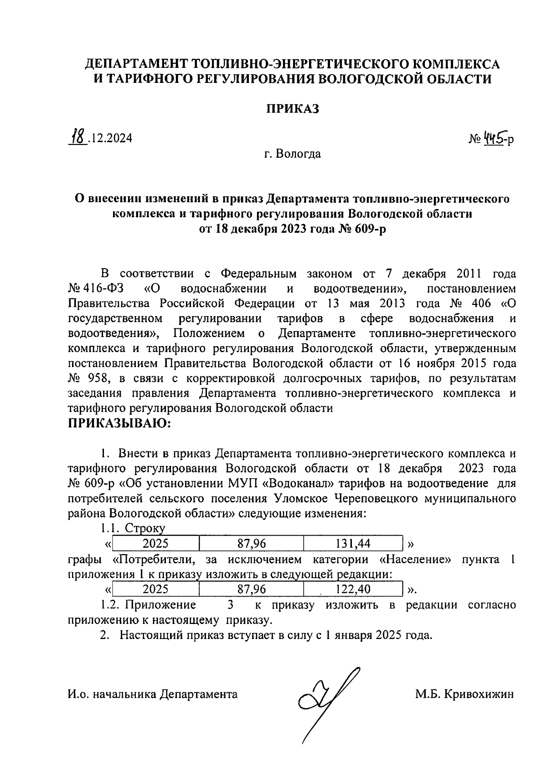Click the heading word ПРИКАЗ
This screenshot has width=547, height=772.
point(292,109)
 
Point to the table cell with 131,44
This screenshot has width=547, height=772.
point(353,543)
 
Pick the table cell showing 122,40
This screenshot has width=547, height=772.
point(353,589)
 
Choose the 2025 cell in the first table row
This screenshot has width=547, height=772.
point(156,543)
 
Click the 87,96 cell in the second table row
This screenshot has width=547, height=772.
point(252,589)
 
